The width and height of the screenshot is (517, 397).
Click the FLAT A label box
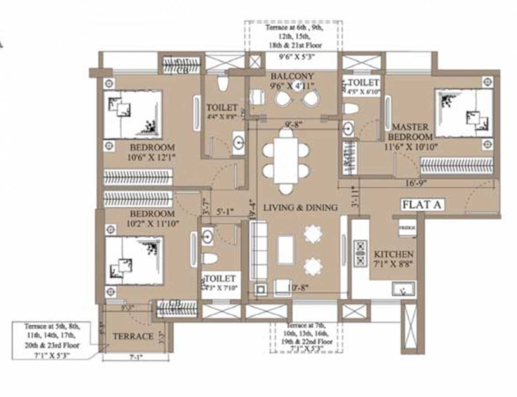click(422, 205)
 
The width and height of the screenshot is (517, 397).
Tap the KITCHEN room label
click(394, 254)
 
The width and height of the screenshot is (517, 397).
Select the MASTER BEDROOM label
click(412, 132)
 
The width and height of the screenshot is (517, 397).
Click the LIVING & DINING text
click(300, 207)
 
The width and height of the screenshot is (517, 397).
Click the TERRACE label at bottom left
click(133, 336)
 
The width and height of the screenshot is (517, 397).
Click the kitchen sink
click(404, 289)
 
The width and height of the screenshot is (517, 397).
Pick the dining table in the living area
click(285, 161)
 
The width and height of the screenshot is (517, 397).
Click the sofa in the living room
click(258, 251)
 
